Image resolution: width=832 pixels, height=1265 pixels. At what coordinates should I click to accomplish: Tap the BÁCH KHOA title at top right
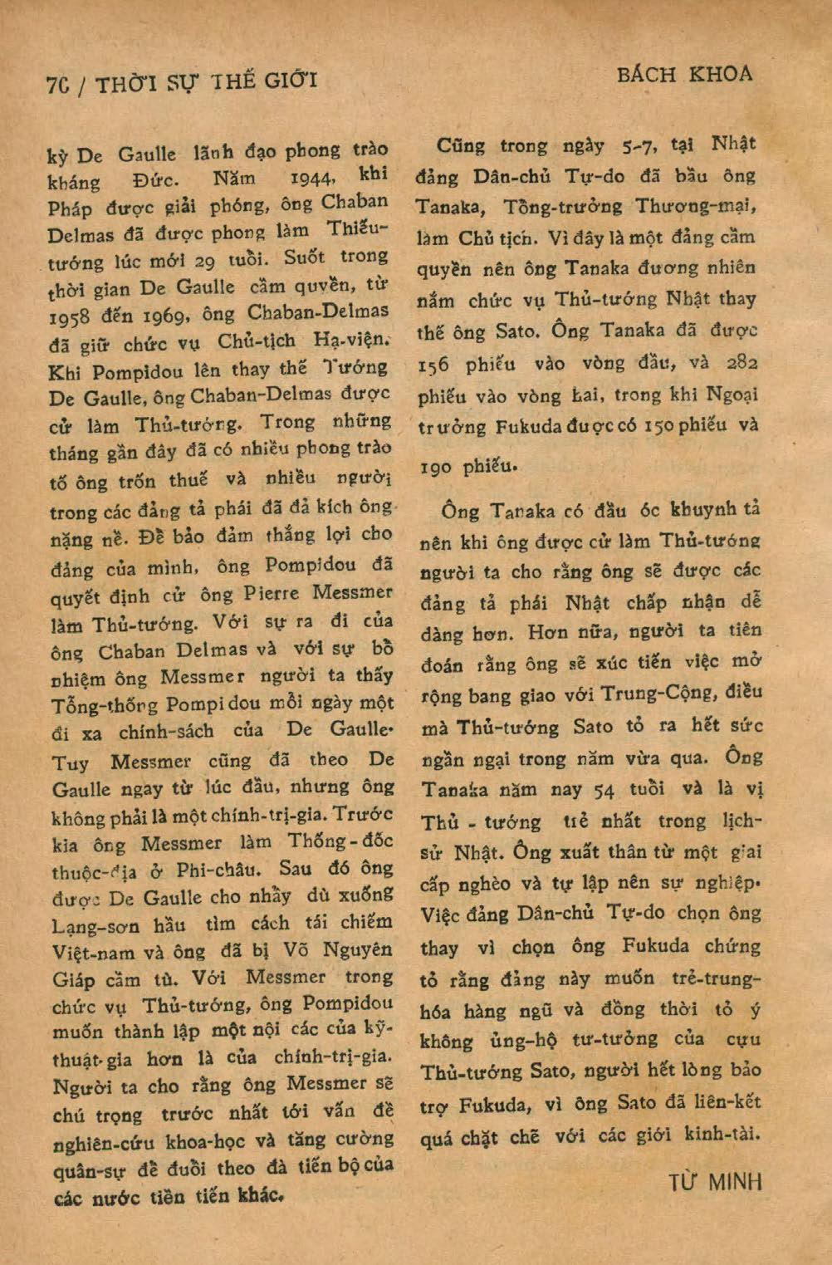tap(685, 75)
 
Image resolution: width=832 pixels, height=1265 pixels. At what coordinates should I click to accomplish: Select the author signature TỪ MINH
tap(715, 1180)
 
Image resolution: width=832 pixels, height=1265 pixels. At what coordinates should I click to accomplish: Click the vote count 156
tap(440, 365)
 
